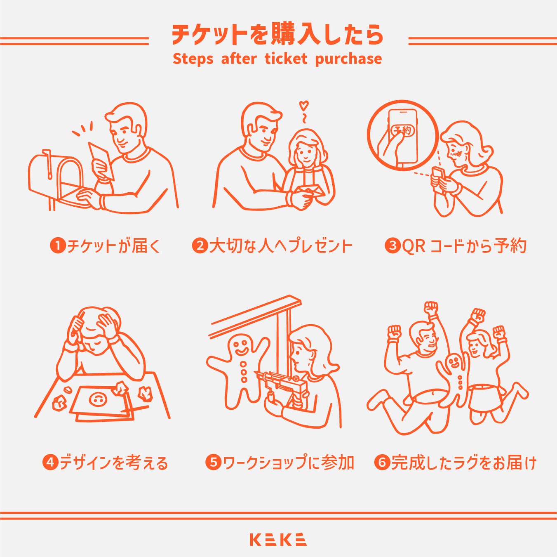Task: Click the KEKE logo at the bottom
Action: pyautogui.click(x=278, y=539)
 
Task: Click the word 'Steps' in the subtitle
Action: pyautogui.click(x=193, y=59)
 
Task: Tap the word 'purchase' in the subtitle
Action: pyautogui.click(x=348, y=59)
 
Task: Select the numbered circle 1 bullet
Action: pyautogui.click(x=58, y=245)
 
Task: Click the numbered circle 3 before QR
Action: pyautogui.click(x=392, y=245)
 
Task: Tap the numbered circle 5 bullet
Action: pyautogui.click(x=214, y=462)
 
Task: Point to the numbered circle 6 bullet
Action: pyautogui.click(x=382, y=462)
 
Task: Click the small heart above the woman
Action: pyautogui.click(x=304, y=105)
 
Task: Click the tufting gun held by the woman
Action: pyautogui.click(x=284, y=386)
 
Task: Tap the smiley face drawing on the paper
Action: pyautogui.click(x=98, y=399)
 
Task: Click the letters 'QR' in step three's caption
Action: pyautogui.click(x=414, y=246)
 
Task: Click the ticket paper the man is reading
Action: pyautogui.click(x=100, y=159)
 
